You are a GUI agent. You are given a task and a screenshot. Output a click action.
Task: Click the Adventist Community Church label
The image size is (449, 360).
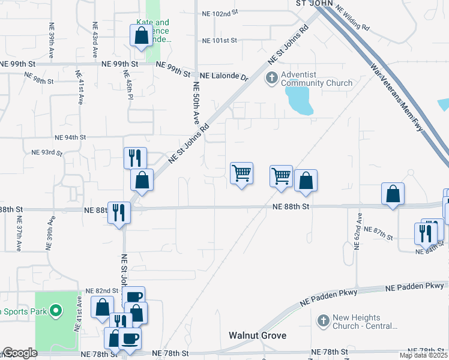pyautogui.click(x=310, y=79)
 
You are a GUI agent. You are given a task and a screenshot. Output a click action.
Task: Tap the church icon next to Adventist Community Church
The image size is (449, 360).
pyautogui.click(x=272, y=78)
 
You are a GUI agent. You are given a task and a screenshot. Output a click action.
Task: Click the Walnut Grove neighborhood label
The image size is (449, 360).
pyautogui.click(x=258, y=335)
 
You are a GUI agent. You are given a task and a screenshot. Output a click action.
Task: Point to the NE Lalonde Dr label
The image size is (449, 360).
pyautogui.click(x=224, y=77)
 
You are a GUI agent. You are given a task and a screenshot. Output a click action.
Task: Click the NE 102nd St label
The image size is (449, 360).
pyautogui.click(x=220, y=12)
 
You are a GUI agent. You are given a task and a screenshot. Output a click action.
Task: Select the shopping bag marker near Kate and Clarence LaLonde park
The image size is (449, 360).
pyautogui.click(x=141, y=35)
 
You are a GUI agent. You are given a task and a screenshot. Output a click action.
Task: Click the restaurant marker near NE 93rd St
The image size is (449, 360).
pyautogui.click(x=134, y=158)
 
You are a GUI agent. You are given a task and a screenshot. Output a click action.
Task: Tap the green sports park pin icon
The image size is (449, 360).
pyautogui.click(x=56, y=310)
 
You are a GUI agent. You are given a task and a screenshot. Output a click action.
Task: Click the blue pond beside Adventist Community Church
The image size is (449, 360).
pyautogui.click(x=300, y=100)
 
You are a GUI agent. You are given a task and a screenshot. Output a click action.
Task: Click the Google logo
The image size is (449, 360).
pyautogui.click(x=20, y=353)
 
